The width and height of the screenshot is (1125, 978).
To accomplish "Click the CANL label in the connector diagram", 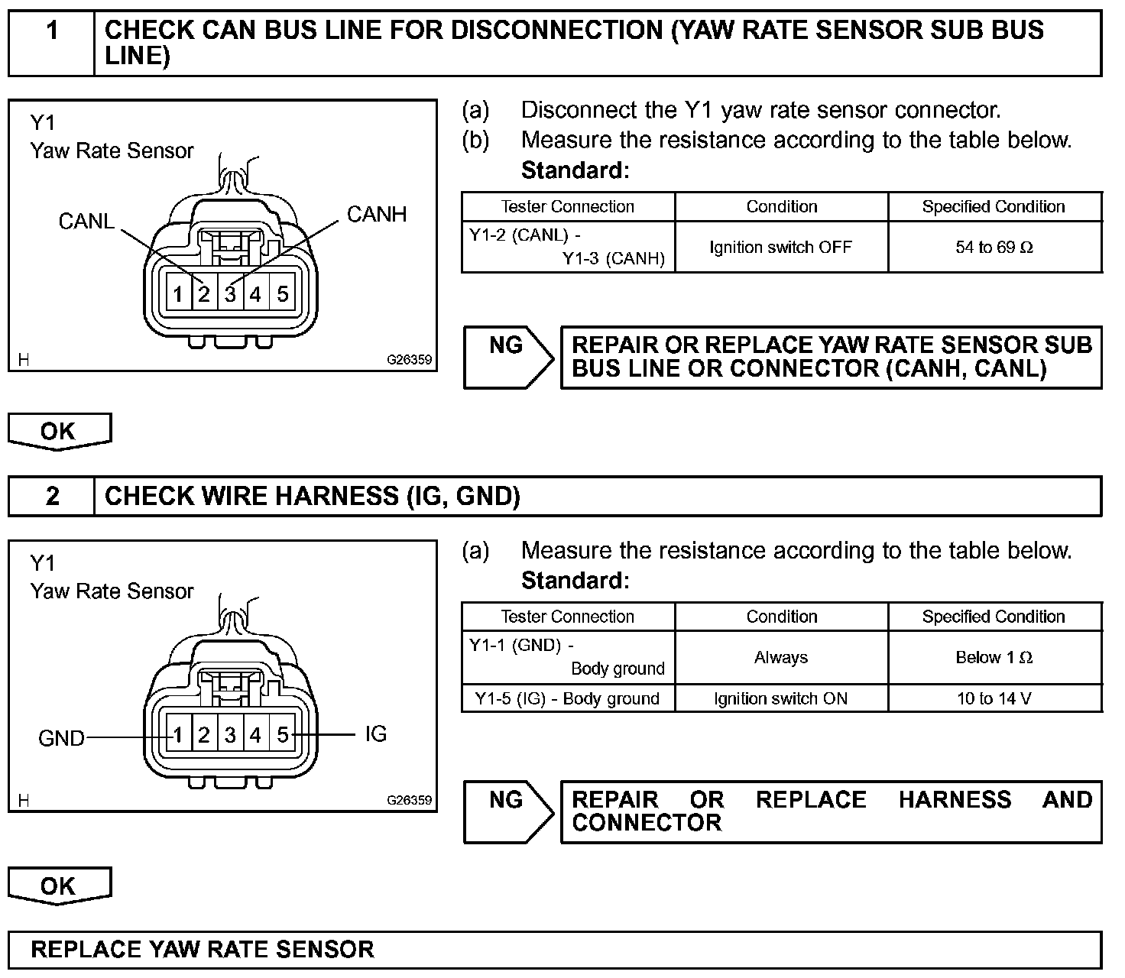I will (x=86, y=221).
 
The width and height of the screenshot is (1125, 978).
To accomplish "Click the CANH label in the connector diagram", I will (x=376, y=214).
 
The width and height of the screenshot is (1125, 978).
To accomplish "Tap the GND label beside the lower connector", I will (x=61, y=738).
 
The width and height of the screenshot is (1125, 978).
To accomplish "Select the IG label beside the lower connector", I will (x=376, y=733).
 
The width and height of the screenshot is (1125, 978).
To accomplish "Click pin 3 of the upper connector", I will (x=230, y=294).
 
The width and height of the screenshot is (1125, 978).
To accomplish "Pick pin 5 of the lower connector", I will (x=282, y=735).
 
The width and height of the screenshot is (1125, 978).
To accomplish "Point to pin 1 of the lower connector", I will (x=178, y=735).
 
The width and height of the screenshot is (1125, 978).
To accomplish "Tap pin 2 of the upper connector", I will (x=204, y=294).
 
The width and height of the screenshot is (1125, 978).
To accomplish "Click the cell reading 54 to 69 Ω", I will (x=994, y=247).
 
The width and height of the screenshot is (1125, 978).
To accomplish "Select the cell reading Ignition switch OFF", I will (x=781, y=247).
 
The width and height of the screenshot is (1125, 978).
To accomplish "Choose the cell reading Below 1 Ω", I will (x=994, y=657).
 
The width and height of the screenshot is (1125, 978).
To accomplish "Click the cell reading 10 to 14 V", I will (x=994, y=698).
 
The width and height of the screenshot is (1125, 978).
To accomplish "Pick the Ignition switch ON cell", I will (x=781, y=698).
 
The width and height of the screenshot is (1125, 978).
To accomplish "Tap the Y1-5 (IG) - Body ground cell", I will (x=567, y=698).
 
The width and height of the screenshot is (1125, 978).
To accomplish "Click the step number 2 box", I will (x=52, y=497).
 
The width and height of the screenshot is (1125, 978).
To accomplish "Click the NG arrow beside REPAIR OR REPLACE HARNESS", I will (x=507, y=811).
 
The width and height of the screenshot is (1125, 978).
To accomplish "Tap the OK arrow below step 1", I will (x=59, y=432).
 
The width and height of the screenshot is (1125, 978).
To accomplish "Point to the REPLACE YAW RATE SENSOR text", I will (x=203, y=950).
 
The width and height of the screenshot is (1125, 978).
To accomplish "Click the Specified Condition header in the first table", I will (x=994, y=206).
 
